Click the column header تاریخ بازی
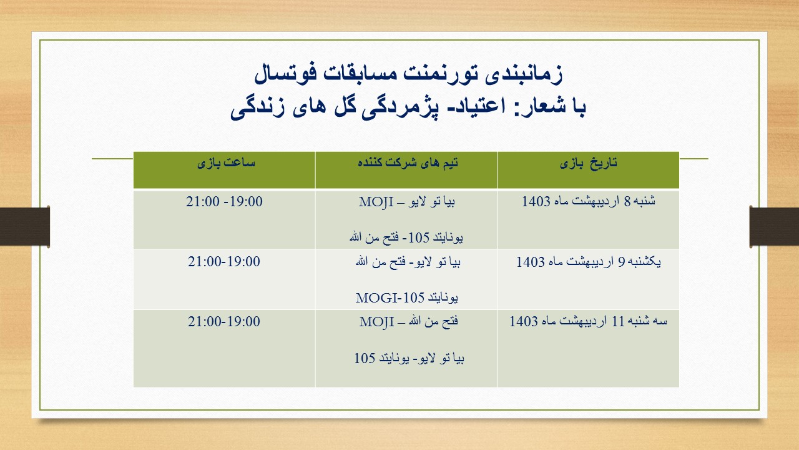pos(588,163)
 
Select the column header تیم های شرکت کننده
pos(408,163)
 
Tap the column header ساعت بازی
pos(226,163)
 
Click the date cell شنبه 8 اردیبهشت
pos(589,201)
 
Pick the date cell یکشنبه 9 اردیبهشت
pos(589,262)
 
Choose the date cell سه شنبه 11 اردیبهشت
pos(588,321)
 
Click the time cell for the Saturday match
pos(224,201)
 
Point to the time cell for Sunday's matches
pos(224,262)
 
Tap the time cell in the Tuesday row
pos(224,321)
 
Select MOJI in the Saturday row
pos(376,202)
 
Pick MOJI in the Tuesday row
pos(376,322)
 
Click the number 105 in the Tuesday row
pos(365,358)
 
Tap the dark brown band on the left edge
pos(24,226)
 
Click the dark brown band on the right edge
pos(774,226)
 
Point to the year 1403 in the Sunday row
pos(530,262)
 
